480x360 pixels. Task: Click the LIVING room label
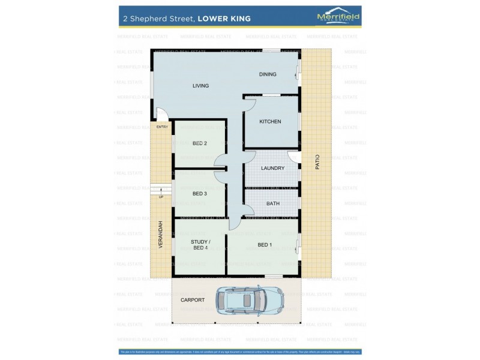tap(200, 86)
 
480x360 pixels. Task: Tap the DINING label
tap(268, 74)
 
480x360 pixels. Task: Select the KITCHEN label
tap(270, 122)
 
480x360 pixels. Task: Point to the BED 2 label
tap(200, 143)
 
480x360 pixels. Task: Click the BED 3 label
tap(200, 194)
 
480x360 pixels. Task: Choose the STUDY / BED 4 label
tap(200, 245)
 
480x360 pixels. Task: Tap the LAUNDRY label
tap(272, 168)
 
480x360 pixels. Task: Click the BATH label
tap(273, 203)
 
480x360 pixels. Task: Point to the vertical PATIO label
tap(317, 163)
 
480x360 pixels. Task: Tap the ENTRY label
tap(162, 127)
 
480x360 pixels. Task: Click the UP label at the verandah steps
tap(161, 197)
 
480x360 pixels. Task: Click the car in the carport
tap(250, 299)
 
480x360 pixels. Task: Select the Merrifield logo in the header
tap(338, 18)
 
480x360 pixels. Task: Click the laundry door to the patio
tap(293, 157)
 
